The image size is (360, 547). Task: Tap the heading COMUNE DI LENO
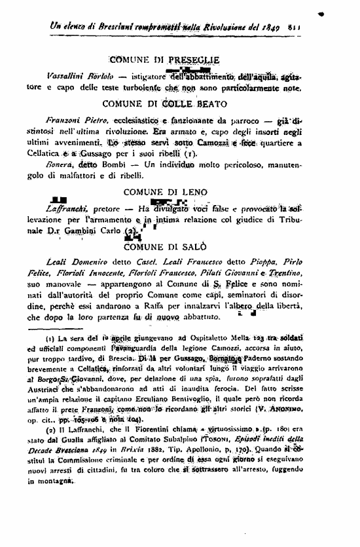pos(165,191)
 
